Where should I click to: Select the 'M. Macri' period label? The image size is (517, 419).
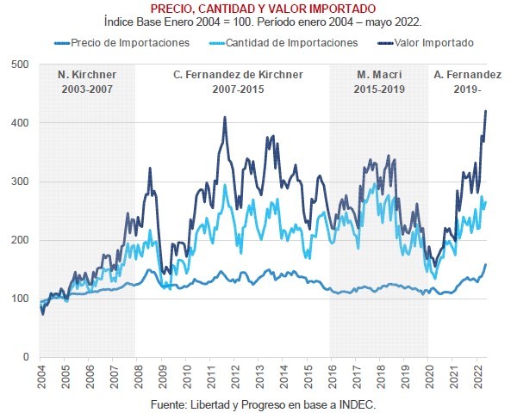click(380, 75)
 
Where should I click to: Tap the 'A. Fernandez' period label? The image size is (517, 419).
click(468, 75)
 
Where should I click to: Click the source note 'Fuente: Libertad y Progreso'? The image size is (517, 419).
click(257, 403)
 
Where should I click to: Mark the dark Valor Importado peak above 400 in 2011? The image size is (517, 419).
click(225, 118)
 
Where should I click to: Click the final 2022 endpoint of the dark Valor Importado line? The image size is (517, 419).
click(486, 111)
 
